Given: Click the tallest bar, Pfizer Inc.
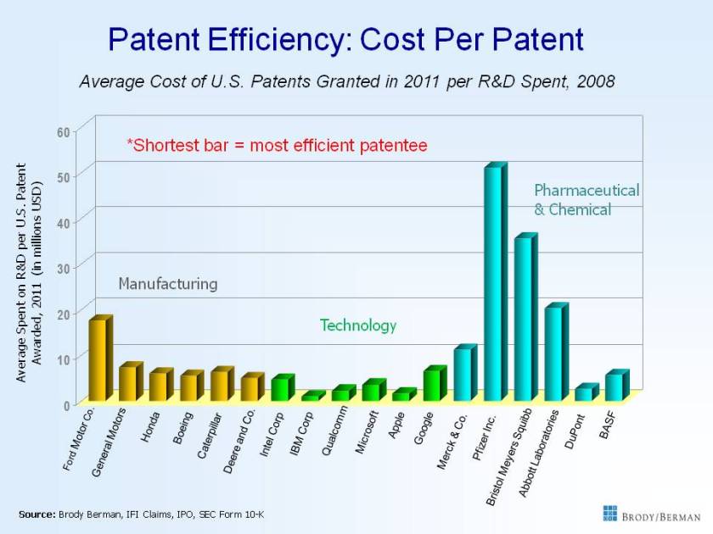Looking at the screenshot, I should [493, 284].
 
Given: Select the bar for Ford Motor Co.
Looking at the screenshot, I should [98, 360].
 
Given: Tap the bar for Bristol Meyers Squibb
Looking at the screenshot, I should [524, 320].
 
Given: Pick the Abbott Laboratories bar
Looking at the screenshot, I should [553, 354].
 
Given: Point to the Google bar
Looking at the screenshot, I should [432, 385].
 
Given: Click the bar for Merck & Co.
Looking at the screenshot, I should [463, 375].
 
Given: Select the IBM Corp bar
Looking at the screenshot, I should [311, 397].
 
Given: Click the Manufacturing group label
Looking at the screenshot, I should [167, 283].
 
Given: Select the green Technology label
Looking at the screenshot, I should [357, 325].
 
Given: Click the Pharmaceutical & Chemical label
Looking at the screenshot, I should [586, 199].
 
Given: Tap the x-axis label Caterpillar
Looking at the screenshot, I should [210, 435].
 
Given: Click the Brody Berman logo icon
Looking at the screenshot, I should [610, 513].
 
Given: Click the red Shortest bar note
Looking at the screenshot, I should [277, 146].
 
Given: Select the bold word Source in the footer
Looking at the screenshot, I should [36, 514].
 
